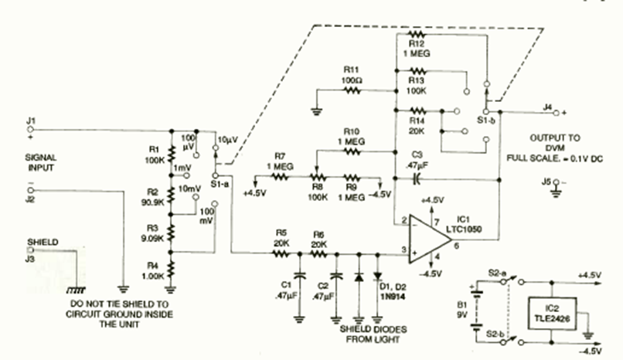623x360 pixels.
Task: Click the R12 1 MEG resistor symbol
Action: click(417, 35)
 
